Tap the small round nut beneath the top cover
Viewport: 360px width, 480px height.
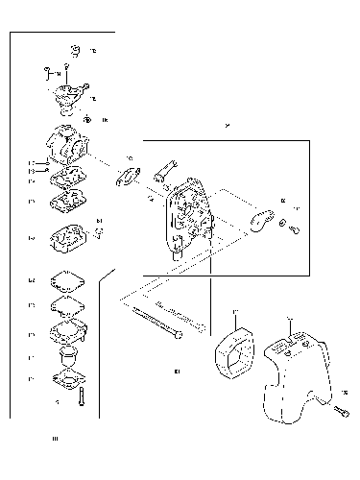click(88, 120)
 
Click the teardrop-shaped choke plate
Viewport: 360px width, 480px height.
click(258, 218)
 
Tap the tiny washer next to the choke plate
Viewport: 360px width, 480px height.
click(283, 224)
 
